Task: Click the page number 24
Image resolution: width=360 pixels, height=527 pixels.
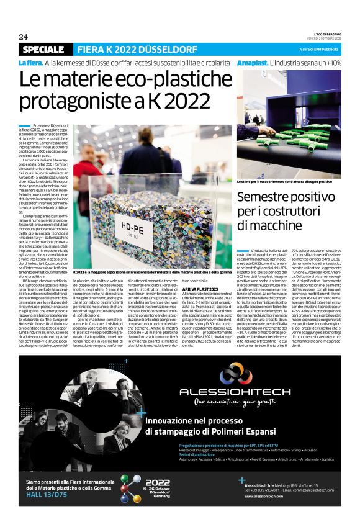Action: point(23,37)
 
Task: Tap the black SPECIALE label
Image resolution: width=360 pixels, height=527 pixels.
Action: point(43,49)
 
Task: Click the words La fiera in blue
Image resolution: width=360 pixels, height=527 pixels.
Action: point(30,63)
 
